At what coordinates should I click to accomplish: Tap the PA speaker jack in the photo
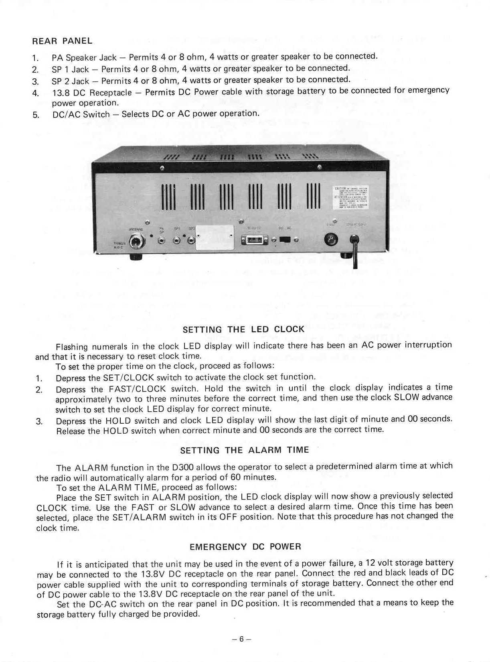pos(162,241)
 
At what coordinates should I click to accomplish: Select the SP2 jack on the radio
pos(191,241)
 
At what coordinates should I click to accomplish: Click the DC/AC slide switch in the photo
pos(285,240)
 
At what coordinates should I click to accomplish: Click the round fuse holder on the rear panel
pos(334,240)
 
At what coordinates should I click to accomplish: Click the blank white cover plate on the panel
pos(215,238)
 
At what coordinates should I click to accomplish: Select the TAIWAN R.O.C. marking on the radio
pos(119,245)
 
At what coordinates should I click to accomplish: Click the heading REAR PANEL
pos(62,41)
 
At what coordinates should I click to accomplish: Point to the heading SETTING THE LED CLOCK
pos(243,329)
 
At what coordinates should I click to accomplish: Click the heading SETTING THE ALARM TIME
pos(245,450)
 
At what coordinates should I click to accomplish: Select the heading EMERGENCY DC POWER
pos(245,546)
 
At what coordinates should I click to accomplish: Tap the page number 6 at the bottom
pos(241,639)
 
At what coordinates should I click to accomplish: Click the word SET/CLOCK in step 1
pos(128,378)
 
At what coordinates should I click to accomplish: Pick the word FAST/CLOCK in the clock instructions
pos(137,389)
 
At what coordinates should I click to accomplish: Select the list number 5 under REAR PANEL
pos(35,115)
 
